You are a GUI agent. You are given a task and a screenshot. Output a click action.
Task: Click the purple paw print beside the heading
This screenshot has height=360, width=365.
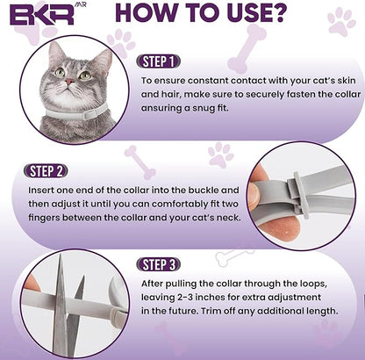coord(341,21)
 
